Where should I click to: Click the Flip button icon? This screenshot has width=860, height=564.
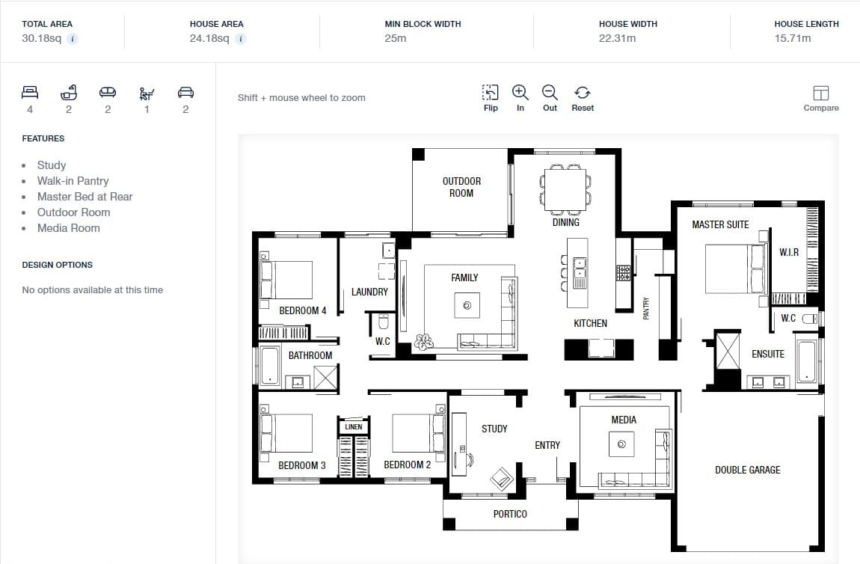(491, 92)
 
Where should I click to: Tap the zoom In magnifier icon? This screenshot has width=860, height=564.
(520, 92)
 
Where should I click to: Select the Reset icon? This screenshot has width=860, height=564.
(583, 92)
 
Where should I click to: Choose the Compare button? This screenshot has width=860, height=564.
(820, 98)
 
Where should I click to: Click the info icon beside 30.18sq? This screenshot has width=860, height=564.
(73, 38)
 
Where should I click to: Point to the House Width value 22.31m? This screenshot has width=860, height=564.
(617, 38)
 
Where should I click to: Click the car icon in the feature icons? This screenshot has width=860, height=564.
(185, 92)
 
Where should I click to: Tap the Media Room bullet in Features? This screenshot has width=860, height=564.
(69, 228)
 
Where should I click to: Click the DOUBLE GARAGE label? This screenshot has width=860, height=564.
(748, 470)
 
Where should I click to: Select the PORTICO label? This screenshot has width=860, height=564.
(510, 514)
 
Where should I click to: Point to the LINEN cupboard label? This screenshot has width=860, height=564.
(353, 426)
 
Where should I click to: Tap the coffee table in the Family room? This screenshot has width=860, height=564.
(467, 306)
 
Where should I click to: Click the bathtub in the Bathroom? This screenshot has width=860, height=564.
(269, 365)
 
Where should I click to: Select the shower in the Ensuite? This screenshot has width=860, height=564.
(728, 351)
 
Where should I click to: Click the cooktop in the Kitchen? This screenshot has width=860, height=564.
(623, 273)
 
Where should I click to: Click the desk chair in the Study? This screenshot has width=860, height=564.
(468, 458)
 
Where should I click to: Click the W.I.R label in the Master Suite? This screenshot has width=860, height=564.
(789, 252)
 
